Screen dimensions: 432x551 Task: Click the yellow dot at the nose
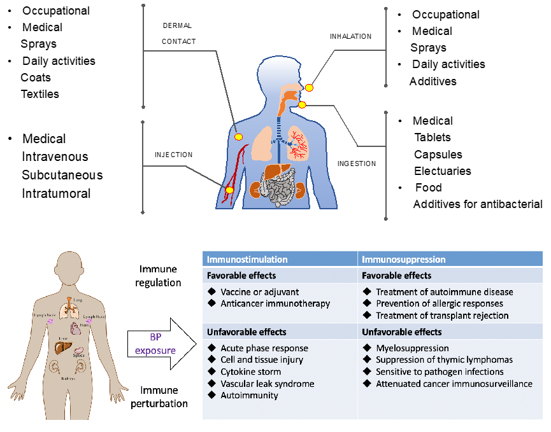(x=309, y=87)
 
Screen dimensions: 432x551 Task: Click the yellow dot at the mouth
(x=302, y=104)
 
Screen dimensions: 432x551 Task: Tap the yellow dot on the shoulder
(x=238, y=136)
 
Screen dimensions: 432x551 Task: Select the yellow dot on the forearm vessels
(x=229, y=189)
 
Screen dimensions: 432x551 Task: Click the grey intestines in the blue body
(x=278, y=191)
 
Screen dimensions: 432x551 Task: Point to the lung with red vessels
(x=298, y=143)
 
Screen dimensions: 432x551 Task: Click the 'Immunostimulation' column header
(x=247, y=260)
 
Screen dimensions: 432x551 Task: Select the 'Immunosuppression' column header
(x=403, y=260)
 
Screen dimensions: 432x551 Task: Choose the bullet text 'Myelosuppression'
(x=412, y=348)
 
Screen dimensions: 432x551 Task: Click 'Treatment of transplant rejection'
(x=442, y=316)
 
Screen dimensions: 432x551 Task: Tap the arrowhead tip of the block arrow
(x=197, y=344)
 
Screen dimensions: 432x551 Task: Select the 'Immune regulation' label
(x=159, y=276)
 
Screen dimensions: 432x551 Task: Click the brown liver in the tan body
(x=62, y=347)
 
